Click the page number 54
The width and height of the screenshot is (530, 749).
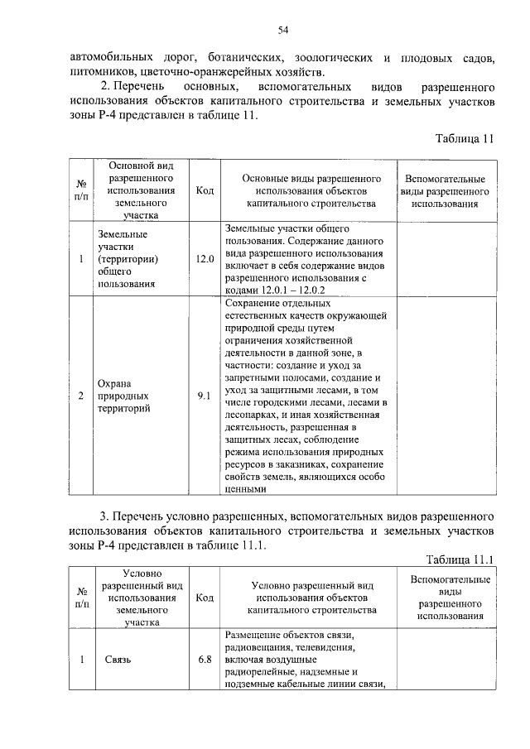click(282, 30)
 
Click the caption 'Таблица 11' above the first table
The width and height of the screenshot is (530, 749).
click(464, 138)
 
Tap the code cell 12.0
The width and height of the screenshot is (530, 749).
click(205, 259)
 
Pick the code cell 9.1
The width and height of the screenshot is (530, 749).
click(205, 396)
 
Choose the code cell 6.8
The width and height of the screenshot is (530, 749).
click(205, 660)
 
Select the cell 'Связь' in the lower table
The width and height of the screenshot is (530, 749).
click(118, 660)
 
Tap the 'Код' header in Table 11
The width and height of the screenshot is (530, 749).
click(205, 190)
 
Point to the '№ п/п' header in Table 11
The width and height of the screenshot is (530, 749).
click(81, 190)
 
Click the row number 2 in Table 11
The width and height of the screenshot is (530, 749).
click(81, 396)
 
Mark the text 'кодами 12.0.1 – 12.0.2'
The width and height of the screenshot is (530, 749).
click(277, 290)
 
